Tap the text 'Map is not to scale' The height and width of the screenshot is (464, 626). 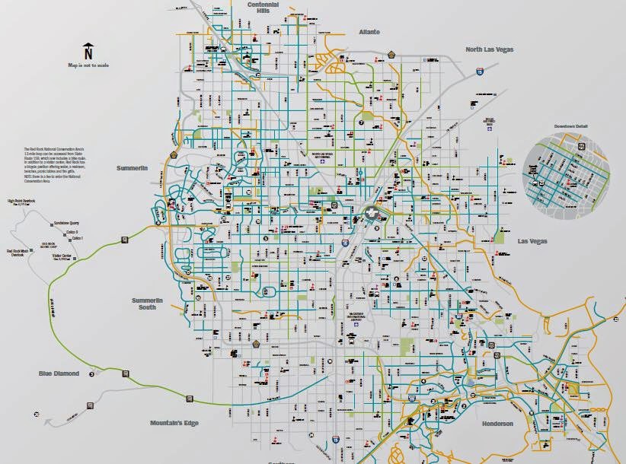tap(88, 66)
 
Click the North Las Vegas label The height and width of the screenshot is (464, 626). tap(489, 49)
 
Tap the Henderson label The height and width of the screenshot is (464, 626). tap(497, 424)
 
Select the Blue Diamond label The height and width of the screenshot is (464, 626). tap(59, 373)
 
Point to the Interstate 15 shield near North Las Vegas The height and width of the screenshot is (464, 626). tap(479, 71)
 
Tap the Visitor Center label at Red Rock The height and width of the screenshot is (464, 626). tap(61, 256)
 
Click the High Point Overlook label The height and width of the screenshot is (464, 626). tap(22, 202)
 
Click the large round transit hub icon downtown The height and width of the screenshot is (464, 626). tap(371, 213)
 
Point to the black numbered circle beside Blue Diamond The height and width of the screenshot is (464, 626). tap(91, 373)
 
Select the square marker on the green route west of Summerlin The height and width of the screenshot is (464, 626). tap(123, 240)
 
